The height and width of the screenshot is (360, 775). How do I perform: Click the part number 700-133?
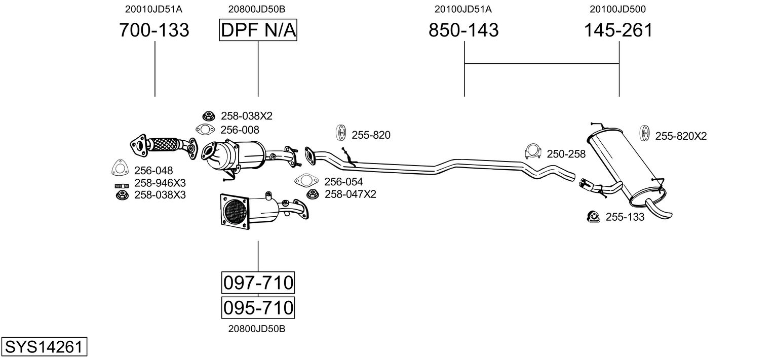(154, 30)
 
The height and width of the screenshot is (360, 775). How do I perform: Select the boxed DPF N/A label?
(258, 30)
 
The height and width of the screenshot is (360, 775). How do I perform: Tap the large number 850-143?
(463, 30)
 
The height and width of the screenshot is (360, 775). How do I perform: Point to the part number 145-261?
(618, 30)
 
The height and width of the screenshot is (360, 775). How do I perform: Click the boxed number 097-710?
(258, 283)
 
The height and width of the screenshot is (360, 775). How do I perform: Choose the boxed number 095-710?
(258, 307)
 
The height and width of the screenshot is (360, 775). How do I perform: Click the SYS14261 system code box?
(44, 347)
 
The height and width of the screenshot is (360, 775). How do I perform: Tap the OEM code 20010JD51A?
(154, 9)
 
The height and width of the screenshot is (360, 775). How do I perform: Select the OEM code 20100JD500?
(617, 9)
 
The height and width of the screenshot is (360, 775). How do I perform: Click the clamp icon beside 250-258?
(532, 151)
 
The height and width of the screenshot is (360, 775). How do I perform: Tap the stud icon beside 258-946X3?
(122, 186)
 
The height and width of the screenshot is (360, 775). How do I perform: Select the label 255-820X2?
(681, 136)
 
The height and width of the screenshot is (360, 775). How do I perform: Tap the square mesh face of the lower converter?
(235, 211)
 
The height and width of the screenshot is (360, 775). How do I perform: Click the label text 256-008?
(240, 130)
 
